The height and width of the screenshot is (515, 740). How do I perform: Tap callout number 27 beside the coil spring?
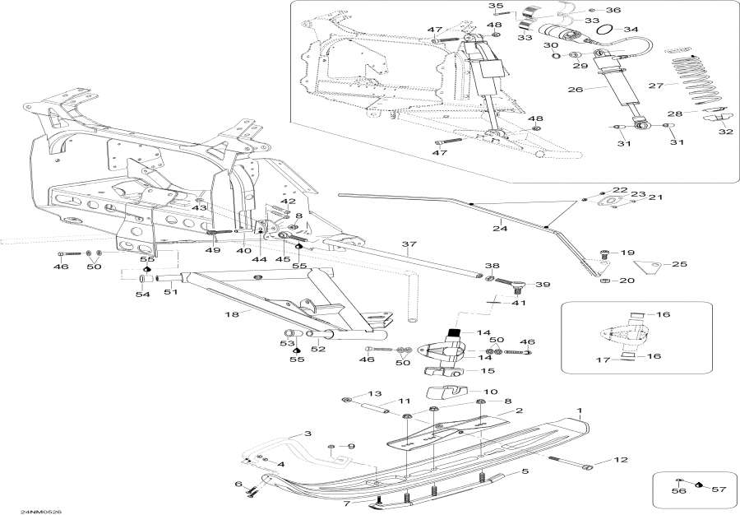point(656,86)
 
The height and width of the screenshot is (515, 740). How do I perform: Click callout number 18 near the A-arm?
point(231,314)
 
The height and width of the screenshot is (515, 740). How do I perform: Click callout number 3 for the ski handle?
point(307,434)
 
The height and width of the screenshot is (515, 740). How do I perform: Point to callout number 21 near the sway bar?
point(656,197)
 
